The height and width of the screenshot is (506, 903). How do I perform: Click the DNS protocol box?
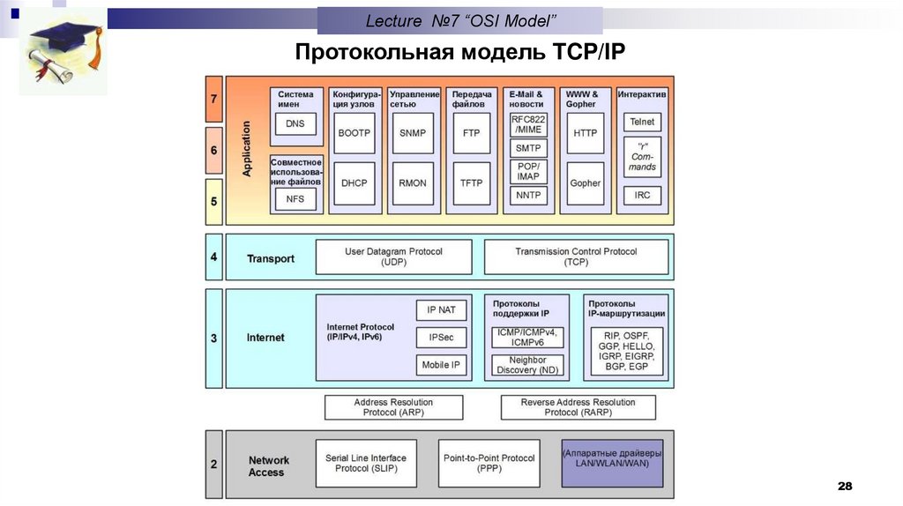(295, 123)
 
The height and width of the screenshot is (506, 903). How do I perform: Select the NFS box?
(295, 199)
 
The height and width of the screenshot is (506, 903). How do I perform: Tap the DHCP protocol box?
(354, 183)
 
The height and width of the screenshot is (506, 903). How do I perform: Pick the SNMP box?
(413, 133)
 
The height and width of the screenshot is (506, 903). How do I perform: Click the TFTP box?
(471, 183)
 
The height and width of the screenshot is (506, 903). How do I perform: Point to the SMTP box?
(528, 148)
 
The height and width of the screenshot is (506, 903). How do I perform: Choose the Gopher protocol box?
(586, 183)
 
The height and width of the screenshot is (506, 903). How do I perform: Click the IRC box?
(642, 195)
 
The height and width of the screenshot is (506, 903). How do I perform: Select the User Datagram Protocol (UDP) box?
(394, 257)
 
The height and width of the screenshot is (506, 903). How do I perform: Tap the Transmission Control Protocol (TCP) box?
(577, 257)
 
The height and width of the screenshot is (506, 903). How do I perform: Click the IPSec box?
(441, 338)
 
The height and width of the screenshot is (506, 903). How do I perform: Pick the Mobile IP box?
(441, 365)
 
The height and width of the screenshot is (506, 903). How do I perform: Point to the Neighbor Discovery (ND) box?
(527, 365)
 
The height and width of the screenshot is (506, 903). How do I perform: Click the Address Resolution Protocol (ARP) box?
(394, 407)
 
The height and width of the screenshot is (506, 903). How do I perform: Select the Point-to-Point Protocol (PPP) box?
(489, 464)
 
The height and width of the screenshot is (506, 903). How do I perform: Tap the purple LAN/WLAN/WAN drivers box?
(612, 464)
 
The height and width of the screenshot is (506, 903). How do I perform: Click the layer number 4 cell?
(213, 257)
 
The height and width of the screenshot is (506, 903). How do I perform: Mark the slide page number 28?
(845, 486)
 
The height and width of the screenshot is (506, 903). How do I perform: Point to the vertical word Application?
(247, 148)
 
